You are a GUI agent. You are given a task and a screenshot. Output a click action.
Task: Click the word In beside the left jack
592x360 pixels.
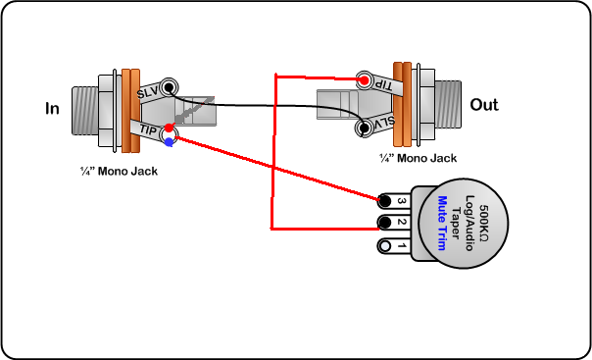52,109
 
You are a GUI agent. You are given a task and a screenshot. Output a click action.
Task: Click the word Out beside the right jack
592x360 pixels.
484,105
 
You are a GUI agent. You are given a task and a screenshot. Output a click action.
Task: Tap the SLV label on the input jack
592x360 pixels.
148,92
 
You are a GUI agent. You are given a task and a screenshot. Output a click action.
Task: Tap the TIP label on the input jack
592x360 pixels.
148,130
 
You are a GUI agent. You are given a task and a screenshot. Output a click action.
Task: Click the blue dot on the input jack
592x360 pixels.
170,142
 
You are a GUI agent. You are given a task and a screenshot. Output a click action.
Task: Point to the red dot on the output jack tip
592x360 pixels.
364,80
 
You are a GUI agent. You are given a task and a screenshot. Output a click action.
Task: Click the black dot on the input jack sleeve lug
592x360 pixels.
170,87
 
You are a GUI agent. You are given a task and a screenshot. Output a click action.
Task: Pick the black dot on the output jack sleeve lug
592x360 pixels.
365,129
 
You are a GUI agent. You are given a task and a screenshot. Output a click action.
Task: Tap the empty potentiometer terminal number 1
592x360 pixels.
385,246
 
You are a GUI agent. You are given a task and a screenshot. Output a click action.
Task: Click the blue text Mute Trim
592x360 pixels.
442,223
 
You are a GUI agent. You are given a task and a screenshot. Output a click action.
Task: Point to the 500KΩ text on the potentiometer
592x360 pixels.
483,224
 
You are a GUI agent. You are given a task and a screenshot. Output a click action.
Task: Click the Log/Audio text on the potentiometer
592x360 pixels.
469,223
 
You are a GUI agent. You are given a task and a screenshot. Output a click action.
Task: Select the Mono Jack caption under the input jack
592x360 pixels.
119,171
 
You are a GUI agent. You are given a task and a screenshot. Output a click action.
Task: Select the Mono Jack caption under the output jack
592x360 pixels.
418,158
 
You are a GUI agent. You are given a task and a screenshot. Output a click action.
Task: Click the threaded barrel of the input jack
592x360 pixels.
85,111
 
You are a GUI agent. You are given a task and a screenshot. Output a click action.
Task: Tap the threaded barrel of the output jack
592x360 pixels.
448,104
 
